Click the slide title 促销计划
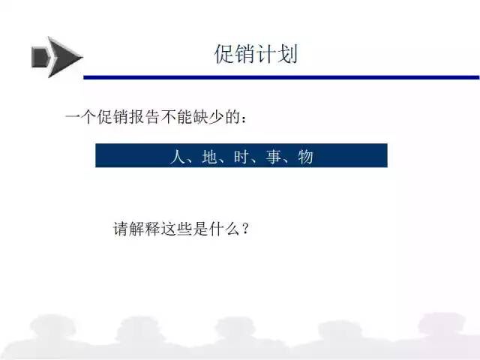(256, 54)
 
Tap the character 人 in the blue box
(177, 157)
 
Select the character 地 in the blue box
(209, 157)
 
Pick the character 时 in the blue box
(241, 157)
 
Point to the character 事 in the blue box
(273, 157)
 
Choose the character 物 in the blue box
(305, 157)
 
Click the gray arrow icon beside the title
(57, 57)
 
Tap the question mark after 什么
(245, 229)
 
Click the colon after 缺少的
(244, 118)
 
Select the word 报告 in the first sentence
(145, 117)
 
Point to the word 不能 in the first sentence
(177, 117)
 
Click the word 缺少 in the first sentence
(208, 117)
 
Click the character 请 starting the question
(121, 229)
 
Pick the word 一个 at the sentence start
(81, 117)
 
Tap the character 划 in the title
(287, 54)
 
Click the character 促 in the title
(224, 54)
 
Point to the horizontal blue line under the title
(282, 77)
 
